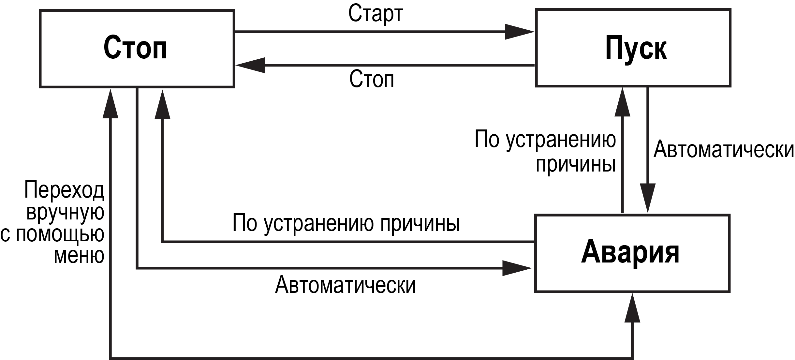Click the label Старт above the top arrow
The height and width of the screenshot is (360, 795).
(x=375, y=14)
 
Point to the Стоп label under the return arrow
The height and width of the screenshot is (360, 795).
(x=372, y=79)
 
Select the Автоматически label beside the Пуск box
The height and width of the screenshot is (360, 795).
(x=724, y=149)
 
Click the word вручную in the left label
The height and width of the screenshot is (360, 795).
(x=65, y=212)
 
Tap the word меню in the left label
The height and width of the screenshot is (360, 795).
(x=79, y=255)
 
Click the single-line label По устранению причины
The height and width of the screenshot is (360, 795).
(x=346, y=223)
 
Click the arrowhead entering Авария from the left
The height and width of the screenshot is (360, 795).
(x=517, y=268)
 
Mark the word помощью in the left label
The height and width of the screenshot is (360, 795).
(x=60, y=233)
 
